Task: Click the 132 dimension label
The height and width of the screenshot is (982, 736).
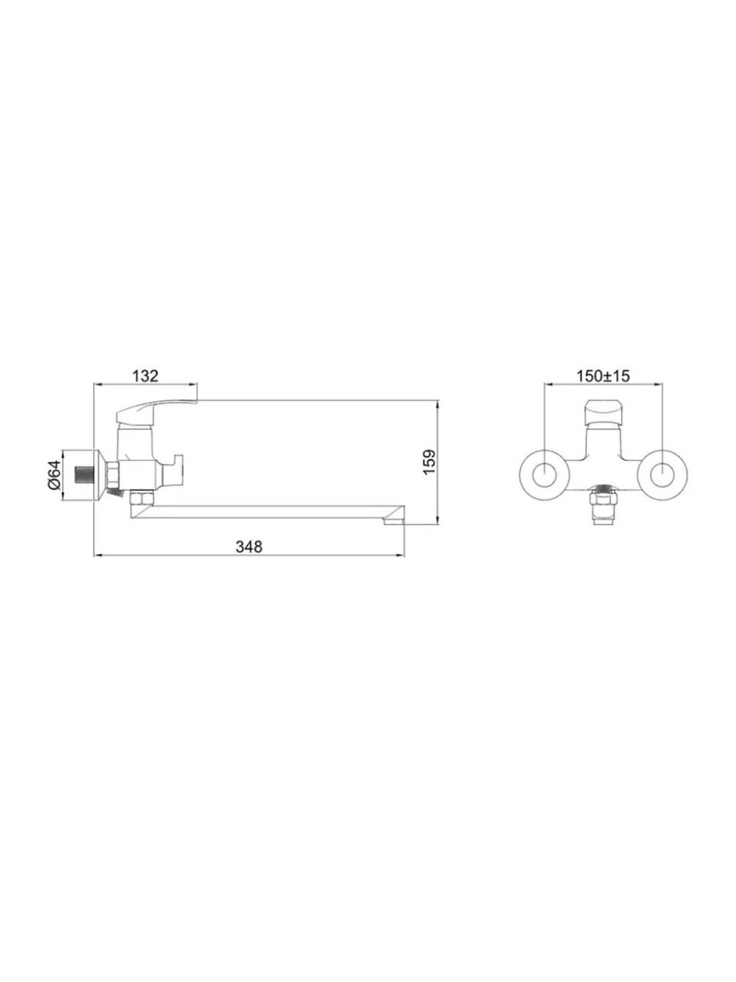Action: pyautogui.click(x=145, y=376)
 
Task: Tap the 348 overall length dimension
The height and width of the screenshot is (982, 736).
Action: pyautogui.click(x=249, y=546)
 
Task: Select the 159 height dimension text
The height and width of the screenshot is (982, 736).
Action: pyautogui.click(x=429, y=462)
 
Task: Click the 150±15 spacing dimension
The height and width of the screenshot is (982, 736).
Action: pyautogui.click(x=603, y=376)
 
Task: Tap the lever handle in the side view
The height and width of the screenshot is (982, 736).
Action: pyautogui.click(x=156, y=410)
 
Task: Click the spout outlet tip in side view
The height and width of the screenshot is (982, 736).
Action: pyautogui.click(x=394, y=521)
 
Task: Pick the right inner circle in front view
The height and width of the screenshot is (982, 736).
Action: pyautogui.click(x=662, y=476)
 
